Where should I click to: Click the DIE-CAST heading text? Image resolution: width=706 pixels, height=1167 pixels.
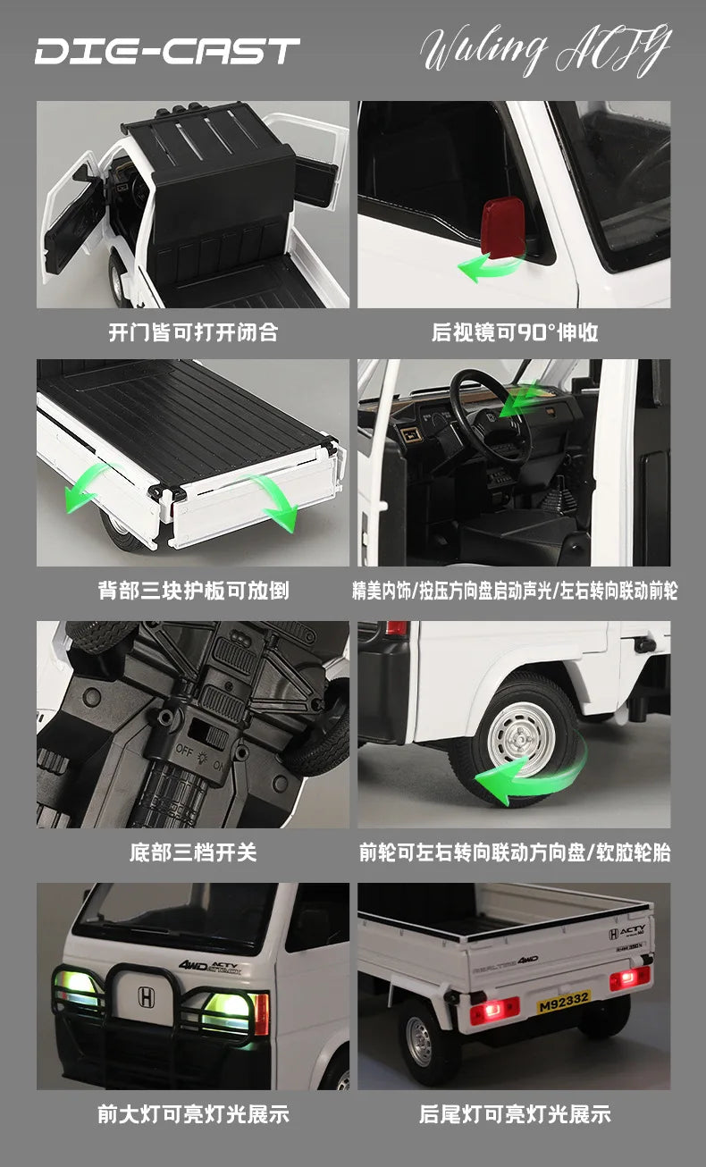pyautogui.click(x=167, y=50)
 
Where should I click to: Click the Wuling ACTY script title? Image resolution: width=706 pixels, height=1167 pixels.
pyautogui.click(x=544, y=50)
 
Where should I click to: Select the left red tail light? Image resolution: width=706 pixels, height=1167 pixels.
pyautogui.click(x=494, y=1010)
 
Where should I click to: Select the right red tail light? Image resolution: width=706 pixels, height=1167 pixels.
pyautogui.click(x=629, y=978)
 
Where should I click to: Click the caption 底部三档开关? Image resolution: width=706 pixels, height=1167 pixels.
pyautogui.click(x=193, y=852)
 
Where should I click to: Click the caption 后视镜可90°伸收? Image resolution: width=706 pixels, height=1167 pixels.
pyautogui.click(x=515, y=332)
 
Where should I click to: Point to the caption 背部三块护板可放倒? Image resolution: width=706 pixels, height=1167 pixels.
pyautogui.click(x=193, y=591)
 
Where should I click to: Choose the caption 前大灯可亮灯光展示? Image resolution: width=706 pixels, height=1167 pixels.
pyautogui.click(x=193, y=1114)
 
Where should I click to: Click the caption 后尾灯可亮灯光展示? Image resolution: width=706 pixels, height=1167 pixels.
pyautogui.click(x=515, y=1114)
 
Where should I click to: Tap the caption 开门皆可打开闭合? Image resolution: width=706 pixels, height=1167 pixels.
pyautogui.click(x=193, y=332)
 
